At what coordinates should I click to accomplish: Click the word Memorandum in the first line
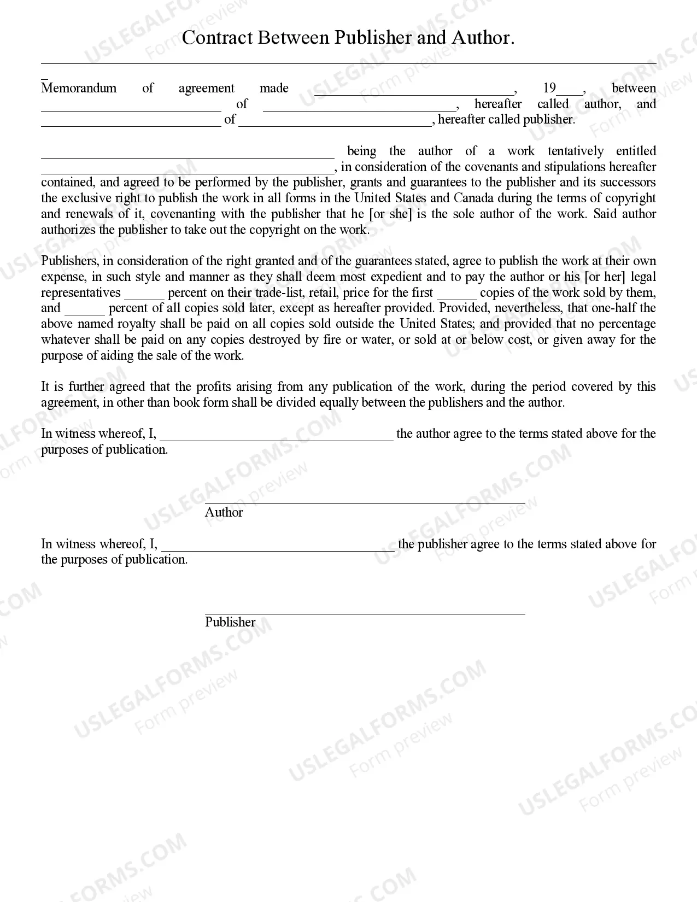click(x=79, y=89)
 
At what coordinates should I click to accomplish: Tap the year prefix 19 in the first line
click(x=549, y=89)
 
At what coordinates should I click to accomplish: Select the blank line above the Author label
click(x=365, y=502)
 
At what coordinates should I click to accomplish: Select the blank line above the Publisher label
click(x=365, y=612)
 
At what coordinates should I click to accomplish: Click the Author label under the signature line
click(x=224, y=512)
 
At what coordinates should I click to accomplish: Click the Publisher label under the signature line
click(x=230, y=622)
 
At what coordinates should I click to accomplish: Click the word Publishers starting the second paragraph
click(x=69, y=261)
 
